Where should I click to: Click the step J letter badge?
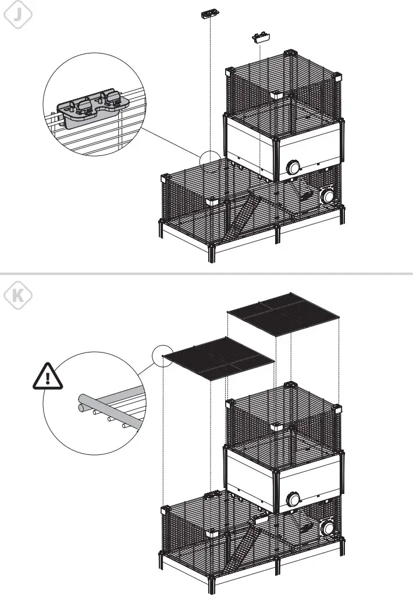click(17, 16)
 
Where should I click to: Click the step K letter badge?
click(17, 296)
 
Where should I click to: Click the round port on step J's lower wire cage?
click(329, 195)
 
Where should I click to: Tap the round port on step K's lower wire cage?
click(329, 528)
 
